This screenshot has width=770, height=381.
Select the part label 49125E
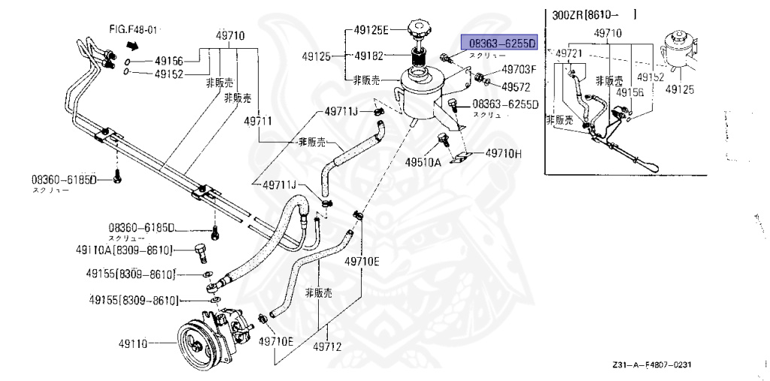point(371,31)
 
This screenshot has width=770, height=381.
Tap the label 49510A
point(423,162)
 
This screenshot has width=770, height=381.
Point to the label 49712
point(328,347)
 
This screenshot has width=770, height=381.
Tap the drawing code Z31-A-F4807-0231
point(651,365)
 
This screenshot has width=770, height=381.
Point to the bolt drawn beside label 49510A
point(444,139)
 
